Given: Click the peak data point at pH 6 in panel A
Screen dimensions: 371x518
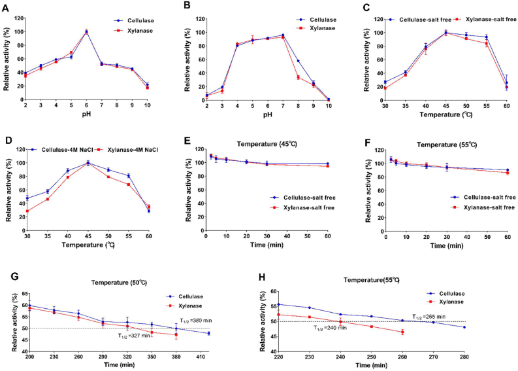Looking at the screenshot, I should click(x=86, y=31).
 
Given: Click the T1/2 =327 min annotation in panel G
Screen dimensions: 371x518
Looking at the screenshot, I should click(x=137, y=336).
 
